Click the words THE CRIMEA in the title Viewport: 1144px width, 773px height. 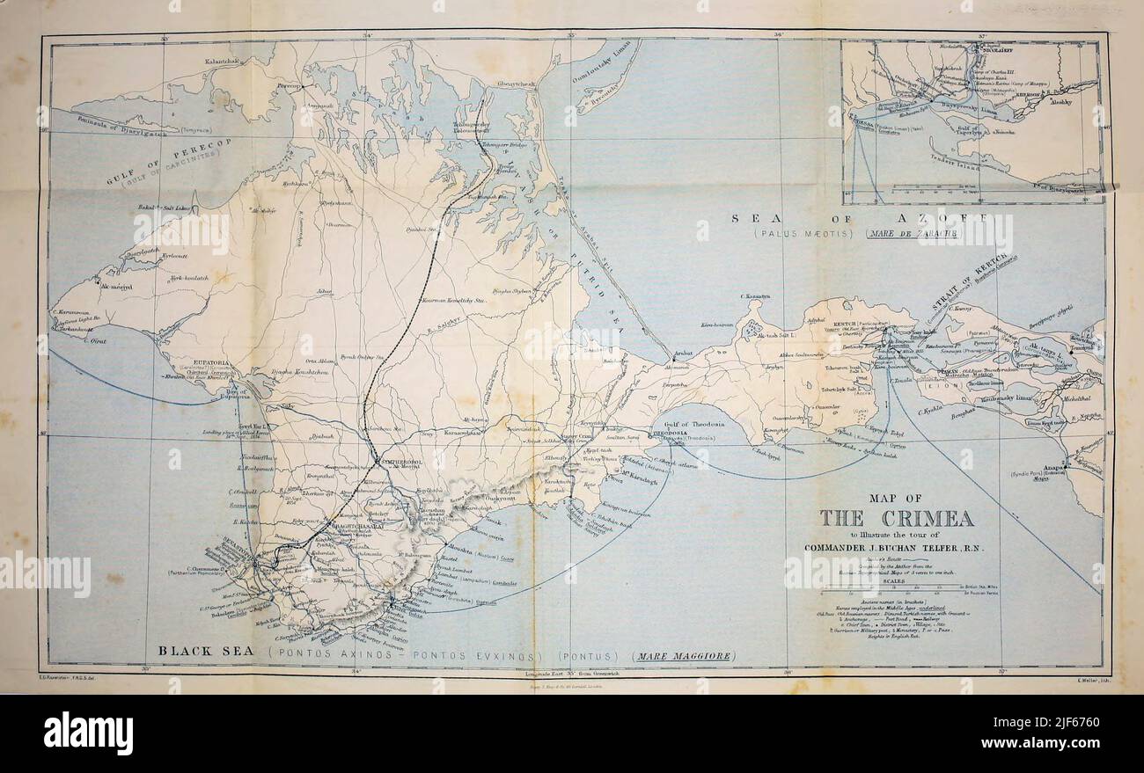pos(897,518)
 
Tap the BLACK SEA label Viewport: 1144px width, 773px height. pos(206,652)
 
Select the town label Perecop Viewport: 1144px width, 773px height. pos(290,86)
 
